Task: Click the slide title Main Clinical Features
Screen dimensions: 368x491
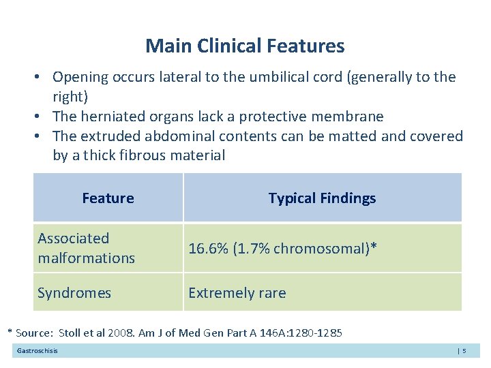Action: coord(245,46)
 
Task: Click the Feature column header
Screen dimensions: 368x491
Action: coord(108,198)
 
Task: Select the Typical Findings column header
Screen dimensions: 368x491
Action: coord(322,198)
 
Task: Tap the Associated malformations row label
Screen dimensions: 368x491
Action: coord(86,248)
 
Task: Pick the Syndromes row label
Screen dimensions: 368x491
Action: coord(74,293)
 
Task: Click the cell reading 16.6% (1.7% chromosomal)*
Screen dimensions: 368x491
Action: coord(281,249)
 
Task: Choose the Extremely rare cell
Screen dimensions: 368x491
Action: coord(237,293)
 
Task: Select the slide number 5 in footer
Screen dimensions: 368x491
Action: coord(464,351)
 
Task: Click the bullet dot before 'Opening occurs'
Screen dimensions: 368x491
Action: coord(42,77)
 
